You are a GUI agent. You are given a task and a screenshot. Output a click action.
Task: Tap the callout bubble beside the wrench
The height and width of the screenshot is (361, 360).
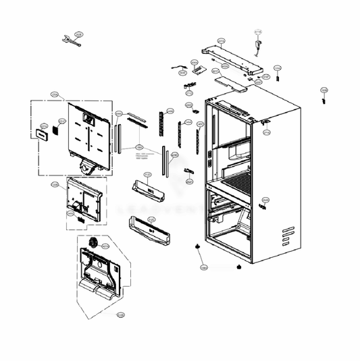pyautogui.click(x=78, y=34)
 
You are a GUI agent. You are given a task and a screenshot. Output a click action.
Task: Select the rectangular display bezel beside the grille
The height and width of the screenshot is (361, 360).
pyautogui.click(x=42, y=134)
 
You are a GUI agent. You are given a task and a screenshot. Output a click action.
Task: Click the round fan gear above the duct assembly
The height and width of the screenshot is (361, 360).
pyautogui.click(x=94, y=242)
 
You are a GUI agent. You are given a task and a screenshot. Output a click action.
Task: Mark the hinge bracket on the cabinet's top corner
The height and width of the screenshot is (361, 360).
pyautogui.click(x=265, y=122)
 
